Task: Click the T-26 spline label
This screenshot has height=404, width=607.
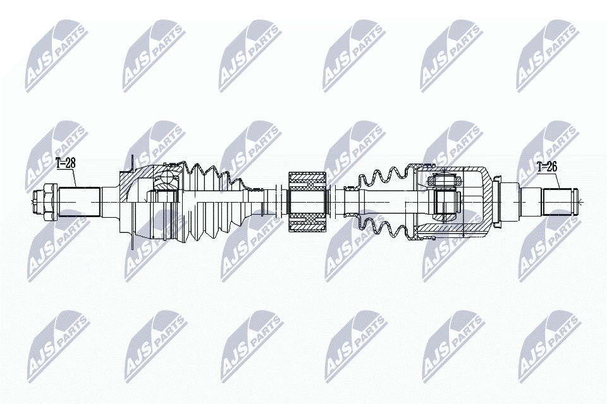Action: (548, 167)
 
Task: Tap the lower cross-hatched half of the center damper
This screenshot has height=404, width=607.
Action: (307, 222)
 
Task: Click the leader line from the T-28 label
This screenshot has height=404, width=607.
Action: (75, 179)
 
